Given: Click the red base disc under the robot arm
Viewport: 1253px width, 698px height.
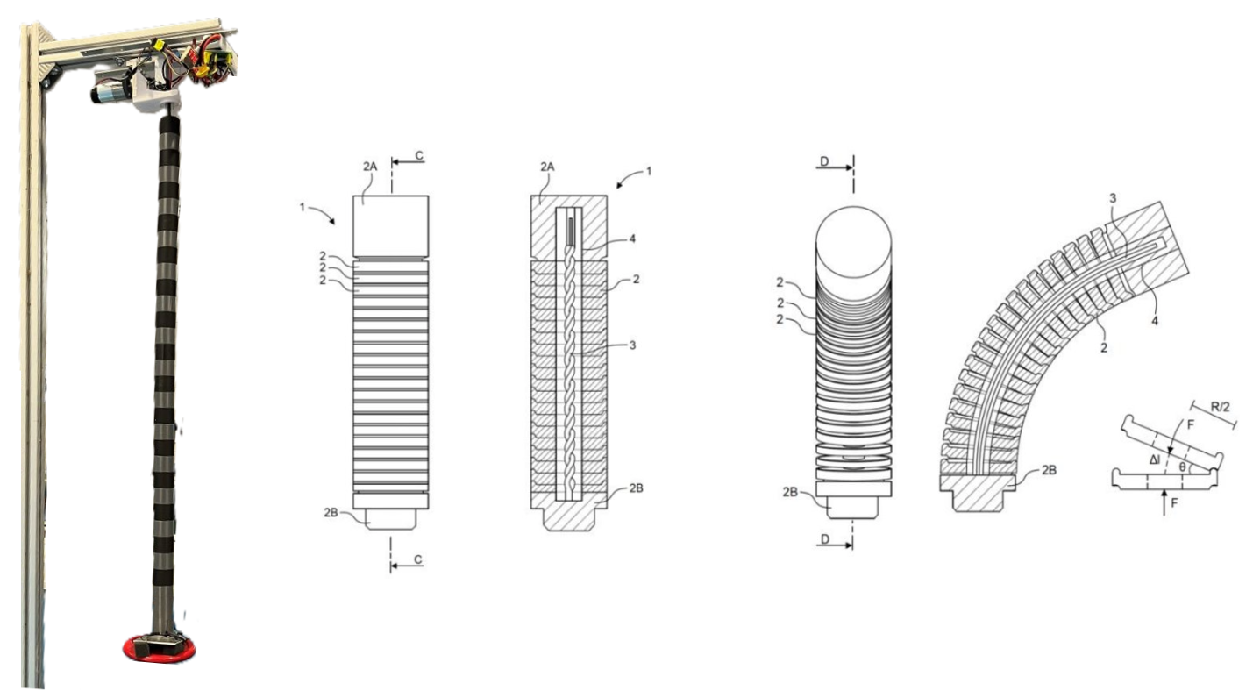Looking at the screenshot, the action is pyautogui.click(x=160, y=650).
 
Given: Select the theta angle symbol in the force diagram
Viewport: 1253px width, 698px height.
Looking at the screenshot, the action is pyautogui.click(x=1182, y=467).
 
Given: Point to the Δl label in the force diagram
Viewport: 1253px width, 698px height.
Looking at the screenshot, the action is pyautogui.click(x=1154, y=460).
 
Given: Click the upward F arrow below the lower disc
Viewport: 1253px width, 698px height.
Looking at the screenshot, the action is pyautogui.click(x=1164, y=502).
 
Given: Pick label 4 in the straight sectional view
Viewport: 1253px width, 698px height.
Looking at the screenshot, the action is pyautogui.click(x=633, y=239).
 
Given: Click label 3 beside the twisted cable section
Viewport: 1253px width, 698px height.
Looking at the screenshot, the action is pyautogui.click(x=633, y=345).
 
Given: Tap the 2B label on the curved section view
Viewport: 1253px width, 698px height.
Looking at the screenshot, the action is pyautogui.click(x=1050, y=470).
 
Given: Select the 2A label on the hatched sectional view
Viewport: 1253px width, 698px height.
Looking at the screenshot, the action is pyautogui.click(x=547, y=167).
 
